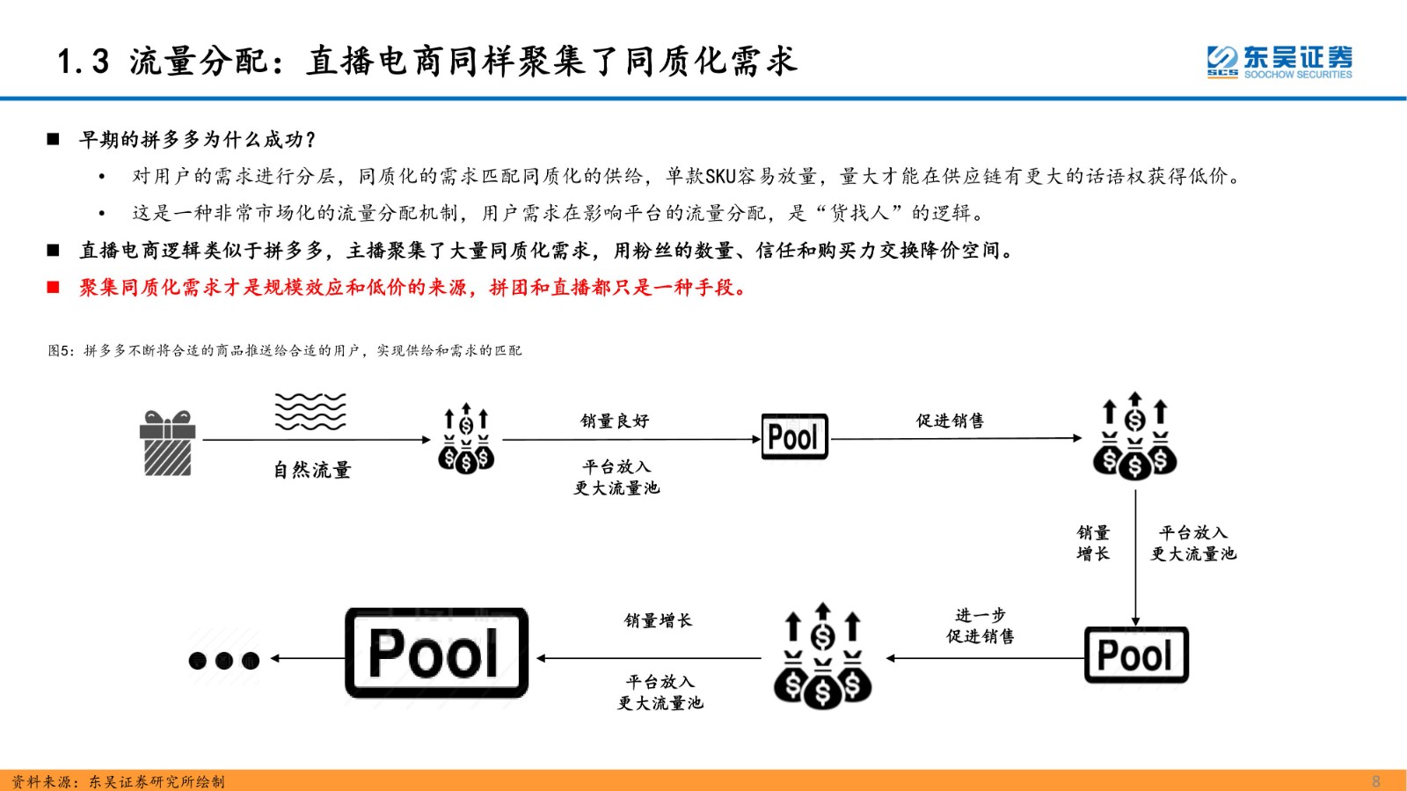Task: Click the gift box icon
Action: point(167,443)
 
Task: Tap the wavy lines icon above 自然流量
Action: point(310,412)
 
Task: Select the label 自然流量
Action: point(312,469)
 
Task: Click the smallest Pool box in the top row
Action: point(795,436)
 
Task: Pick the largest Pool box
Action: point(436,653)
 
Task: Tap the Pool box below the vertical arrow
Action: point(1136,655)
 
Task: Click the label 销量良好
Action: point(615,421)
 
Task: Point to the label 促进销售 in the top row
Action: point(950,421)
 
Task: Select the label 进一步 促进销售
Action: point(981,626)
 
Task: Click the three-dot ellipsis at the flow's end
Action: point(224,660)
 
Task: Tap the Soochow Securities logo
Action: point(1279,62)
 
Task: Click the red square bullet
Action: point(54,287)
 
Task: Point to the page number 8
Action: point(1375,781)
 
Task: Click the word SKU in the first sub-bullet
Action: point(720,177)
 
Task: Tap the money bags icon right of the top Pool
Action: point(1135,436)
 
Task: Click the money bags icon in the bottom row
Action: point(823,656)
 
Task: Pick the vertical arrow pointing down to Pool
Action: point(1135,558)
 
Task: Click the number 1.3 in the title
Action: point(83,62)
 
